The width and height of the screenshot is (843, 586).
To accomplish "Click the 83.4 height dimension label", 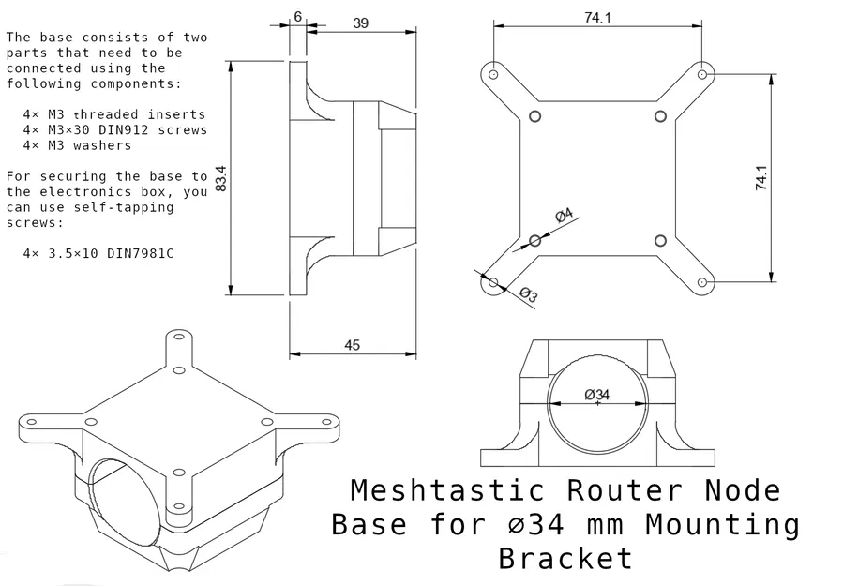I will coord(221,178).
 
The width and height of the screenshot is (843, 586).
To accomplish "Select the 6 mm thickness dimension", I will coord(297,16).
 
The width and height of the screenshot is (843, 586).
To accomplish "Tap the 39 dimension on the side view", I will coord(360,23).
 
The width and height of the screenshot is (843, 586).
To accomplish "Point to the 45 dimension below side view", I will coord(352,345).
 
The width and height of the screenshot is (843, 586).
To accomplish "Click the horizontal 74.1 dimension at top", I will coord(597,18).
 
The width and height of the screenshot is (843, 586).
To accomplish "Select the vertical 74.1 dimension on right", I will coord(761,178).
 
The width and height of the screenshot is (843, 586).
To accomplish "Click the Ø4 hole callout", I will coord(564,217).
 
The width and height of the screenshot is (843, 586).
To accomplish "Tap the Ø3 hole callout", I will coord(528,294).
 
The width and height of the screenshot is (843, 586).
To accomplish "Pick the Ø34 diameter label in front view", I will coord(596,395).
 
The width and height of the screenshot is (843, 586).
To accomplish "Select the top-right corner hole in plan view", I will coord(703,72).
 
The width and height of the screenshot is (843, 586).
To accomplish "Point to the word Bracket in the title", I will coord(565,559).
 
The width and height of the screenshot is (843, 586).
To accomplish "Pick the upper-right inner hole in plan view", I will coord(660,115).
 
